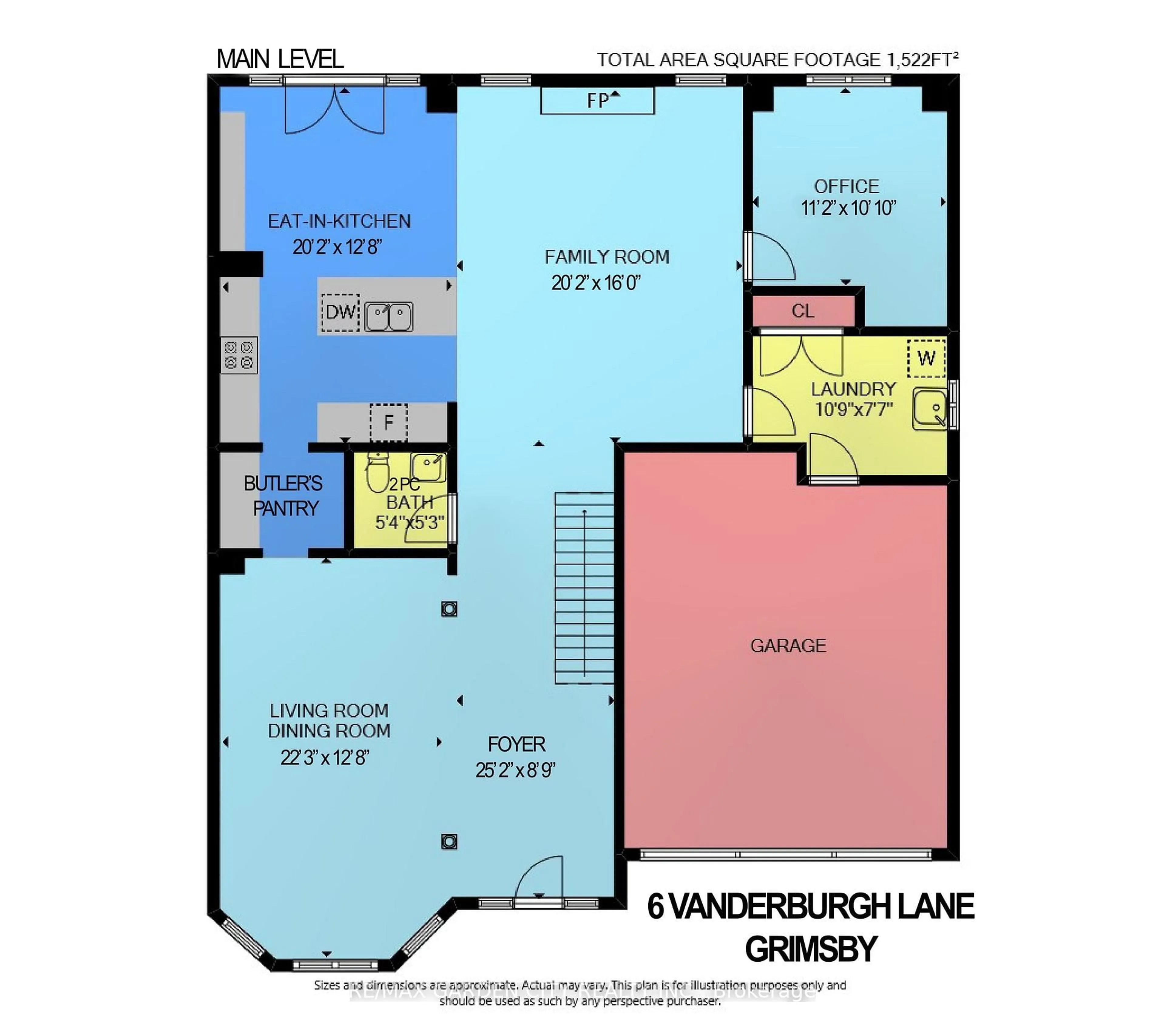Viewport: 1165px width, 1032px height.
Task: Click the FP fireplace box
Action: (597, 101)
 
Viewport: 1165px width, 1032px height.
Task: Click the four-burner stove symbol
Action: (239, 355)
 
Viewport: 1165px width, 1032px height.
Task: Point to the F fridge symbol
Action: (388, 422)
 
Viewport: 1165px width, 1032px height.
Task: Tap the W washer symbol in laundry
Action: (926, 358)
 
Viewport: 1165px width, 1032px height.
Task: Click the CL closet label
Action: (802, 311)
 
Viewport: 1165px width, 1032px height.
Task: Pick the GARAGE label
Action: (788, 646)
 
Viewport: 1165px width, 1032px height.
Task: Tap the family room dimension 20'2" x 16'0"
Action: (596, 283)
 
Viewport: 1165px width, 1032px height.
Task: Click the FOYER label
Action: (516, 744)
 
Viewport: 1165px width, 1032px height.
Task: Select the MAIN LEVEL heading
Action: (280, 59)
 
